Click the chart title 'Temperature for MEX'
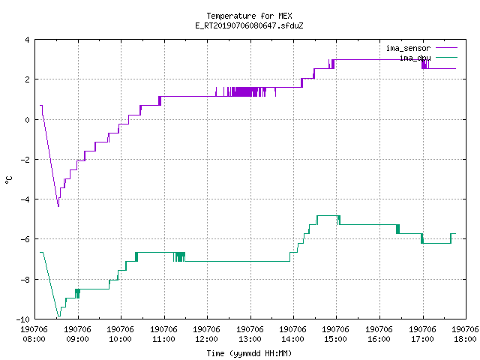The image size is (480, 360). [x=249, y=16]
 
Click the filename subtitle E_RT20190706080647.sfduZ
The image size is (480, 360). [x=249, y=25]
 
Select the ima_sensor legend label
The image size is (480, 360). [x=408, y=48]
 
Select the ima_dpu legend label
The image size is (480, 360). [x=415, y=58]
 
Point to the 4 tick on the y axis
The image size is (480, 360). [x=27, y=40]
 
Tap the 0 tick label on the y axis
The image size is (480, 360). [x=27, y=120]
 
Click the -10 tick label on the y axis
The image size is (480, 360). [x=23, y=319]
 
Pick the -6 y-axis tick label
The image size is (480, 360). [x=25, y=239]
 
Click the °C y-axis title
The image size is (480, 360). [x=8, y=180]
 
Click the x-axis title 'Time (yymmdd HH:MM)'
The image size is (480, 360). [x=249, y=353]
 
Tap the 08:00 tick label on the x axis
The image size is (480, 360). [x=34, y=339]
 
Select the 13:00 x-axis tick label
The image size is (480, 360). [x=250, y=339]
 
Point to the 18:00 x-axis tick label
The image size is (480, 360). [x=465, y=339]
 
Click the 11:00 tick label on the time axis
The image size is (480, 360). [x=163, y=339]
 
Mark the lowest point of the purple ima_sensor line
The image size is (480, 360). [x=58, y=207]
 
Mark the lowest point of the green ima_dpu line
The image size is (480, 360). [x=58, y=316]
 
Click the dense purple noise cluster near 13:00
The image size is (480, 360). [x=246, y=91]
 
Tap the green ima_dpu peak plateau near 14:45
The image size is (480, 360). [x=328, y=215]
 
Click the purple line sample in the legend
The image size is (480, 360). [x=446, y=48]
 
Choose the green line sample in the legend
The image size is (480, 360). [x=446, y=57]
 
